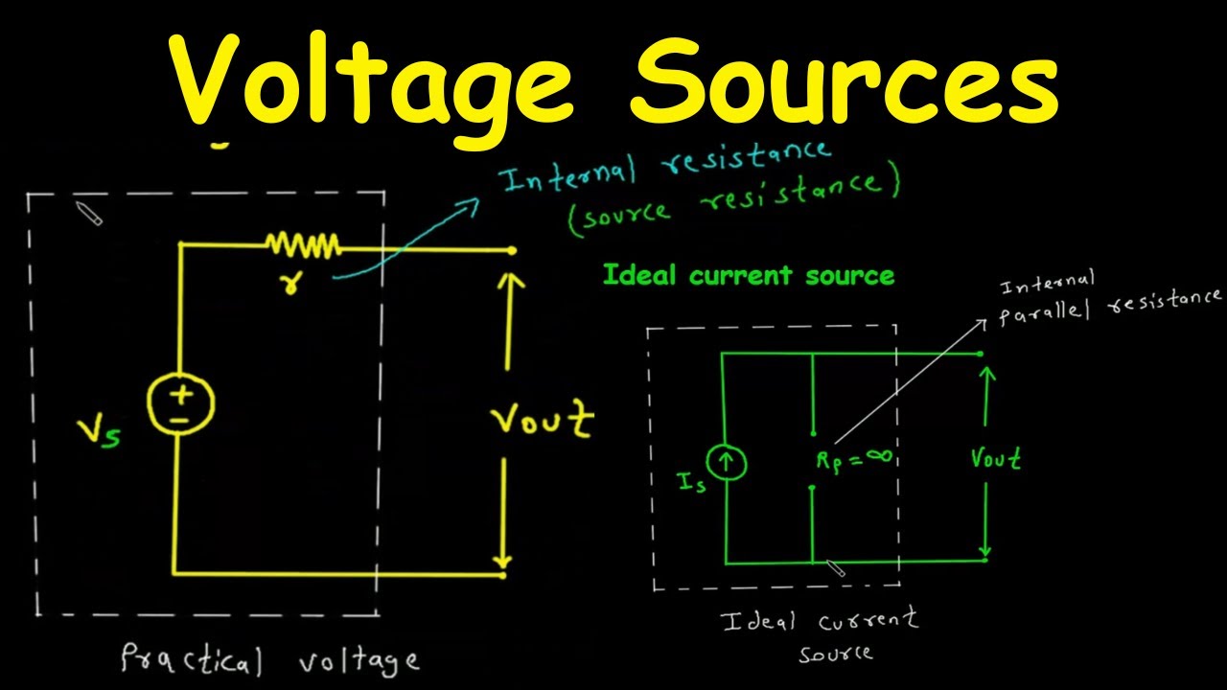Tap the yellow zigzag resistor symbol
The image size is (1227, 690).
[x=303, y=245]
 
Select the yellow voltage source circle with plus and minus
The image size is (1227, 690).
[x=181, y=404]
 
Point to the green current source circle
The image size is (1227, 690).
[x=726, y=462]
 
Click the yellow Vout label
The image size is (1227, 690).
[x=543, y=421]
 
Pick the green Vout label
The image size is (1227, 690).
[x=996, y=458]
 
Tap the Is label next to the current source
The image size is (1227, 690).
[x=692, y=482]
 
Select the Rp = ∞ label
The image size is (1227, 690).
[x=854, y=460]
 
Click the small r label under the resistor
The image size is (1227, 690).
[x=290, y=283]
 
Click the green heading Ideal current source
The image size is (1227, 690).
[x=749, y=275]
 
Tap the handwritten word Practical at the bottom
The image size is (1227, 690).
[x=192, y=658]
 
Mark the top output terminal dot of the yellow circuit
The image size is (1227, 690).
[x=512, y=251]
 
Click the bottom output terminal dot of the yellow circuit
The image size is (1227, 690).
[x=503, y=575]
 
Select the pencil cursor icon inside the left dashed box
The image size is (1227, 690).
[x=89, y=213]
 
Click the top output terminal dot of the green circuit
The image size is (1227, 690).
[x=980, y=354]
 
